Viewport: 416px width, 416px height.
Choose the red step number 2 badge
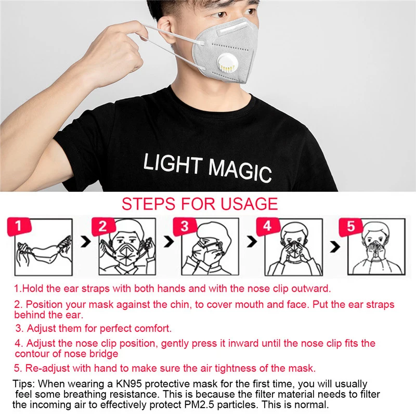click(x=102, y=226)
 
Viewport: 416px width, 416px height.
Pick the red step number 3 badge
click(x=185, y=226)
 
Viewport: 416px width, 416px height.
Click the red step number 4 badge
click(x=267, y=226)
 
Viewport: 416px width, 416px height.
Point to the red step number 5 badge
click(x=350, y=226)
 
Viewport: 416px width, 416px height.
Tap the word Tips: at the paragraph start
click(x=23, y=384)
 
